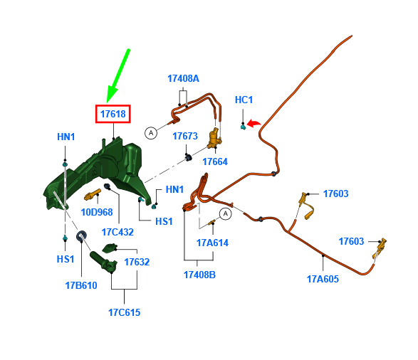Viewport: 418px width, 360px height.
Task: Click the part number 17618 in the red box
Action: (x=113, y=114)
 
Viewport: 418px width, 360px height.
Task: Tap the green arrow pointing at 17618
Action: (x=117, y=75)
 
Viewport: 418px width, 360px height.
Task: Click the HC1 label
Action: (x=244, y=100)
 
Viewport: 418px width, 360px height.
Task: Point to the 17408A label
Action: (x=183, y=78)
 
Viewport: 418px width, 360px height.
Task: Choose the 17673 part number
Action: (x=185, y=136)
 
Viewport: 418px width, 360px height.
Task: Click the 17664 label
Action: (x=215, y=162)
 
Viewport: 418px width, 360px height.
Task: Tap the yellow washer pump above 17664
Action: (x=214, y=139)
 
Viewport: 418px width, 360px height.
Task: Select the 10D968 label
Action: (x=97, y=212)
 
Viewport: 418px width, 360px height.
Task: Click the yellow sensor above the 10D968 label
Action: (x=93, y=195)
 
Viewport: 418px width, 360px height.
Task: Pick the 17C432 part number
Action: (x=117, y=232)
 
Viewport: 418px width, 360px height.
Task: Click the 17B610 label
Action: (x=81, y=285)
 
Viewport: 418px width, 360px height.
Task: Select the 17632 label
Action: (x=137, y=262)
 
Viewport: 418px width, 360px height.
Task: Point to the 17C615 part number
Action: (x=124, y=312)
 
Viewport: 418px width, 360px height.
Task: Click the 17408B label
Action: (x=199, y=275)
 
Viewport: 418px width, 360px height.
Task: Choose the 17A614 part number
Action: (x=212, y=243)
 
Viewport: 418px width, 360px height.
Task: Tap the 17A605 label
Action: (x=323, y=279)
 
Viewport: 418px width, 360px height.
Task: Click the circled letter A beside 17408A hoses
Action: (x=151, y=133)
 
